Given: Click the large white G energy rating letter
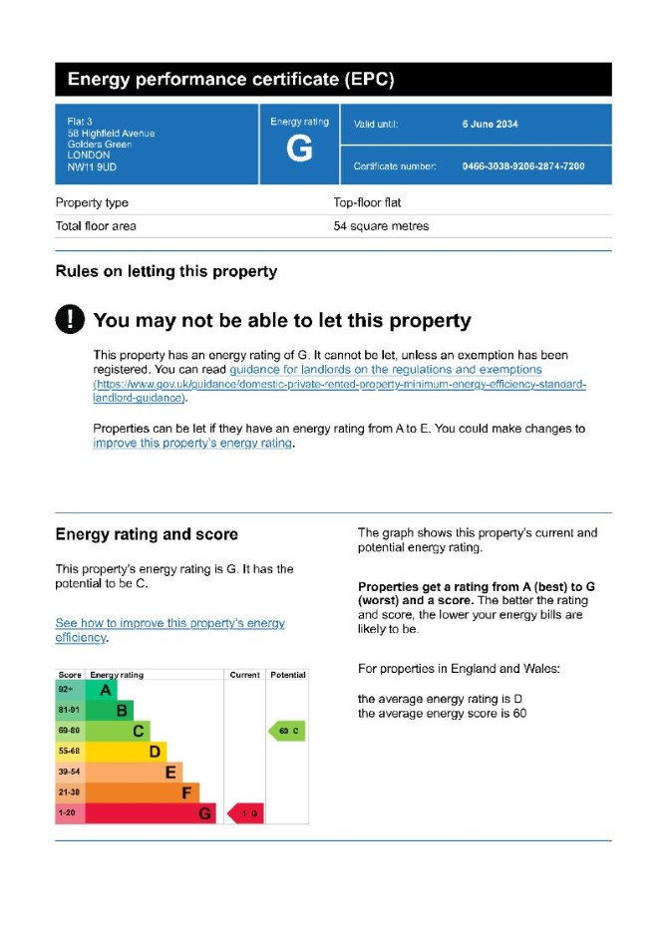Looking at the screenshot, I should [x=298, y=150].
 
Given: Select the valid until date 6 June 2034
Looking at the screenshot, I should [x=490, y=125].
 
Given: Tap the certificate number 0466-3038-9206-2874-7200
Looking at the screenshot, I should [x=522, y=166].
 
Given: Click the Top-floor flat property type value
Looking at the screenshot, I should [x=367, y=202].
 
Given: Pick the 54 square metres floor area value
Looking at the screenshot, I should [x=381, y=226].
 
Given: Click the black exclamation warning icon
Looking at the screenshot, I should [x=70, y=320].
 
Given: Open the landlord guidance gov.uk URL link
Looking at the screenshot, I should [x=339, y=385].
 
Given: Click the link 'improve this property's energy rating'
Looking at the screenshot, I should [x=192, y=444].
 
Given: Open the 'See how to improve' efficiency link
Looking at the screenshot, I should [x=169, y=630].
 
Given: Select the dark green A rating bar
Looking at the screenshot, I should [x=102, y=689].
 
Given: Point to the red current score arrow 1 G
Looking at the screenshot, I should [x=245, y=814].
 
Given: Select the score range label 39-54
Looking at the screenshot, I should [x=70, y=773].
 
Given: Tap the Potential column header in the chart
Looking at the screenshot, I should [x=287, y=675].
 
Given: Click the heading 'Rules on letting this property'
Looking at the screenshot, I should [x=166, y=271].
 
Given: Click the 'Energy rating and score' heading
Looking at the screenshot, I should [x=147, y=535].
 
